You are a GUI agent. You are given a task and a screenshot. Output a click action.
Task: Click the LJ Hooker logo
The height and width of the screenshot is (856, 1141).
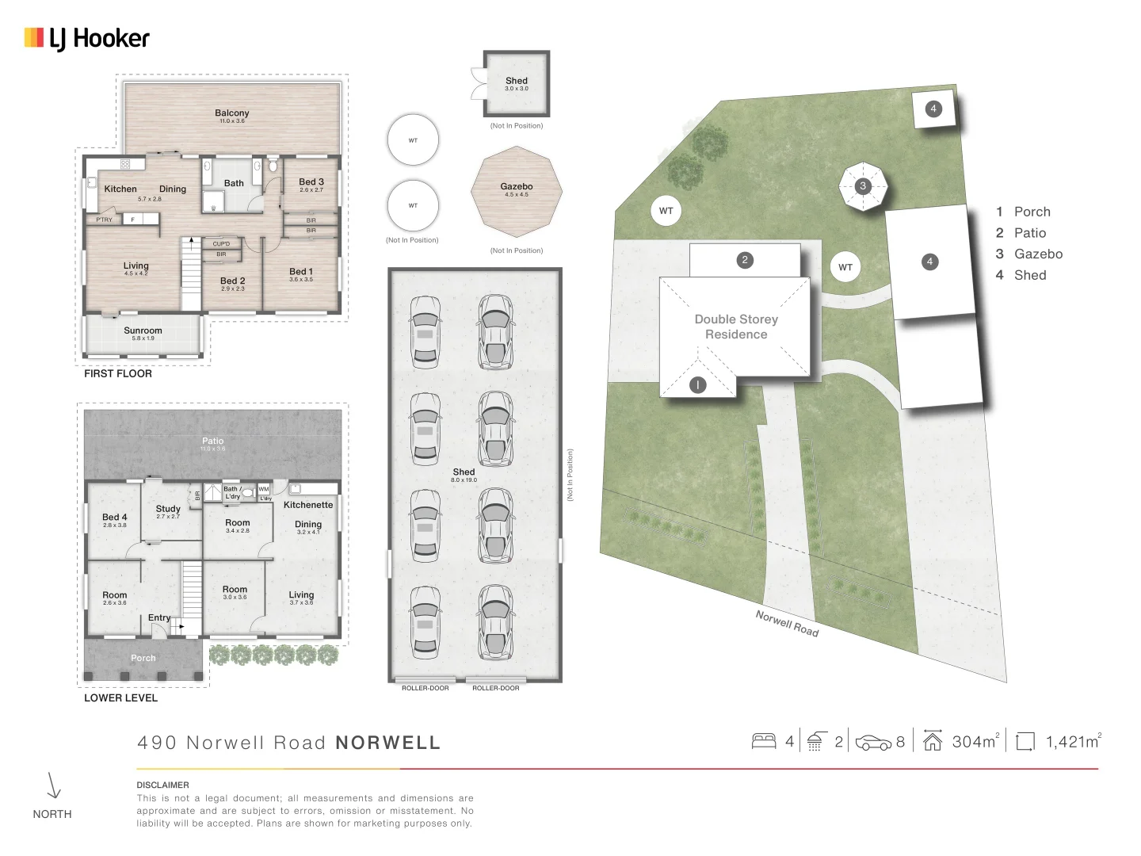click(87, 38)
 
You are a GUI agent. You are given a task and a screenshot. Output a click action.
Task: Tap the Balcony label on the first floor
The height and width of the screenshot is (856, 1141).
click(231, 113)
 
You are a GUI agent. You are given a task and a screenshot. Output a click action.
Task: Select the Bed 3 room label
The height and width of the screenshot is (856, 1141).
click(311, 182)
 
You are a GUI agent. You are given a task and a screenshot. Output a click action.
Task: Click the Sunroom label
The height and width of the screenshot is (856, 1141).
click(143, 331)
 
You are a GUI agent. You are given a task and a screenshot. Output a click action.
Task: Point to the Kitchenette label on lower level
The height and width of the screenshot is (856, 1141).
click(308, 505)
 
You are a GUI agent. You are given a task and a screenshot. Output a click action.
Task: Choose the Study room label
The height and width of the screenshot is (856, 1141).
click(168, 509)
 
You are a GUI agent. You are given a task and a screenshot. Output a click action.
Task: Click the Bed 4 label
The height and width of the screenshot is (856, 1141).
click(114, 517)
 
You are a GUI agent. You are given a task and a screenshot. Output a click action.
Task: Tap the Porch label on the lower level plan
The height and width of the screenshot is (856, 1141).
click(143, 658)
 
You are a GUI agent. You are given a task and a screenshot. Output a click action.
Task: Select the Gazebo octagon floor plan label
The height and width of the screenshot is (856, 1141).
click(517, 187)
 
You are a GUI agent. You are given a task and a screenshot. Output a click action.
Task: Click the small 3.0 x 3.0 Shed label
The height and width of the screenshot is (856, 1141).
click(517, 81)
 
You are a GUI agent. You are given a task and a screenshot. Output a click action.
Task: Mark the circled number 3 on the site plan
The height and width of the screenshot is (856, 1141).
click(863, 186)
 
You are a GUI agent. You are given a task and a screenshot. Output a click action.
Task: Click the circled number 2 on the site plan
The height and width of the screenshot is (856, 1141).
click(744, 260)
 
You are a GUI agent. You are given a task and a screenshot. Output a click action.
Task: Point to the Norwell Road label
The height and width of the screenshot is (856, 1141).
click(786, 623)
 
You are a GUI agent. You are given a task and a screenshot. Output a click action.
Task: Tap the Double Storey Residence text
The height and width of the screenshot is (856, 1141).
click(736, 327)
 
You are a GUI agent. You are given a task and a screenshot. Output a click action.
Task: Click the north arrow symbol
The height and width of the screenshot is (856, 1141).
click(53, 785)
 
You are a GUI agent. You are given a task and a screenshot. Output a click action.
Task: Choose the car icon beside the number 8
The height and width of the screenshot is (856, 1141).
click(873, 743)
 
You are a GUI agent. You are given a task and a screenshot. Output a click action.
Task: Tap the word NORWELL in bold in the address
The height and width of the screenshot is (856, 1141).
click(387, 743)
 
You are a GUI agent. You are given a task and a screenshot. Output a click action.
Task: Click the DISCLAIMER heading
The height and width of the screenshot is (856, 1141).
click(162, 785)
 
